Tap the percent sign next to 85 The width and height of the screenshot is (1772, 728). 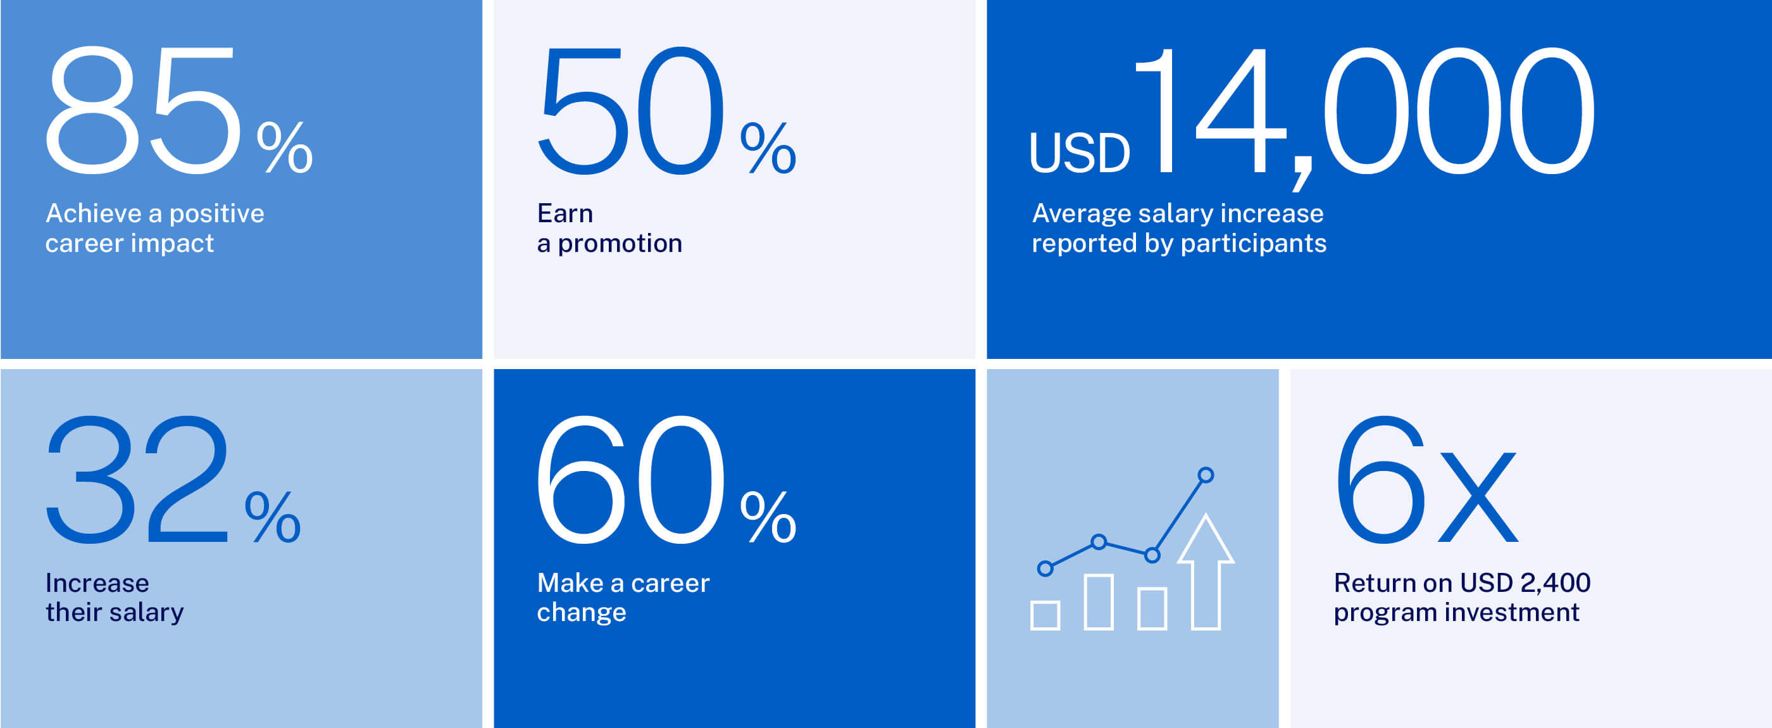coord(285,147)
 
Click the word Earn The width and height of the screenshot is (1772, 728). coord(565,213)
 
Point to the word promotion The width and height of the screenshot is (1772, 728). coord(620,244)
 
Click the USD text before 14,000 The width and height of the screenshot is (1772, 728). coord(1079,153)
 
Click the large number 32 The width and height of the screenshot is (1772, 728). coord(137,480)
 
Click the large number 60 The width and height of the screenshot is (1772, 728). coord(630,480)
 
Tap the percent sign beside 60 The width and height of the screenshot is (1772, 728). coord(768,516)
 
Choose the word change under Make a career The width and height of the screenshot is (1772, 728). coord(581,612)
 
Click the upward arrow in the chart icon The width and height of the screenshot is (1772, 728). coord(1206,571)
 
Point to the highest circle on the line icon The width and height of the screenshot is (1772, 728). coord(1205,475)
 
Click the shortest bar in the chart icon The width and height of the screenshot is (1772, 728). coord(1045,615)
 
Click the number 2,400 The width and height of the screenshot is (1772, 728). coord(1556,584)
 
